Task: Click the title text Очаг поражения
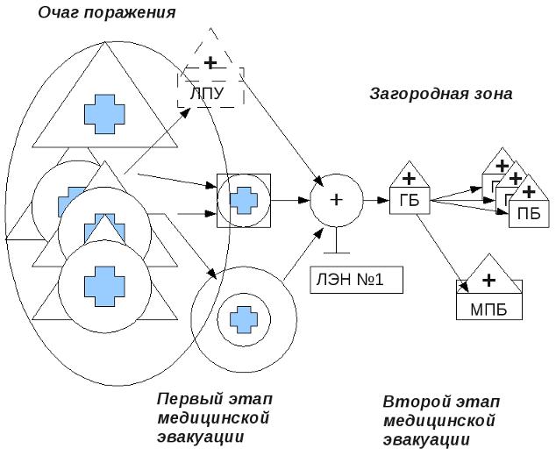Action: [106, 12]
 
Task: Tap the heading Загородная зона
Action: [440, 93]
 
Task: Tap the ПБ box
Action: [528, 212]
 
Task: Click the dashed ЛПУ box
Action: [210, 92]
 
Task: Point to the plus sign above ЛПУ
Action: [210, 63]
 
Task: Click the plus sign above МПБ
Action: [489, 279]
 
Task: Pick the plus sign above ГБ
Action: [409, 178]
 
